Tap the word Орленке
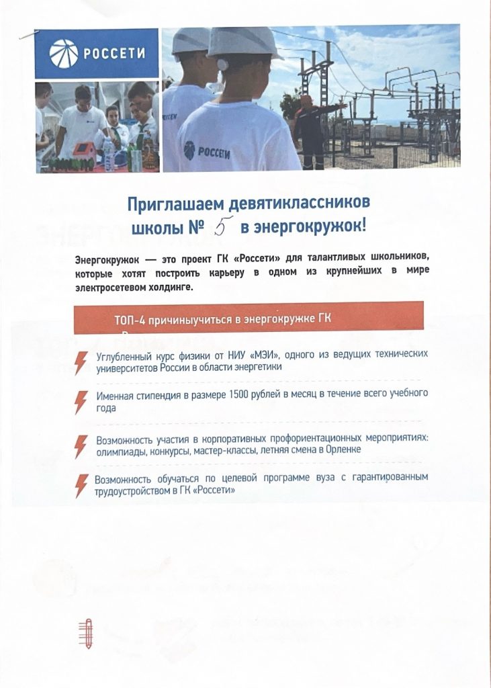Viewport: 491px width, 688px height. point(342,449)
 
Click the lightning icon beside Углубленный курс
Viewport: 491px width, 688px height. point(81,362)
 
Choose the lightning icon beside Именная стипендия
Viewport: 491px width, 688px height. point(81,400)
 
